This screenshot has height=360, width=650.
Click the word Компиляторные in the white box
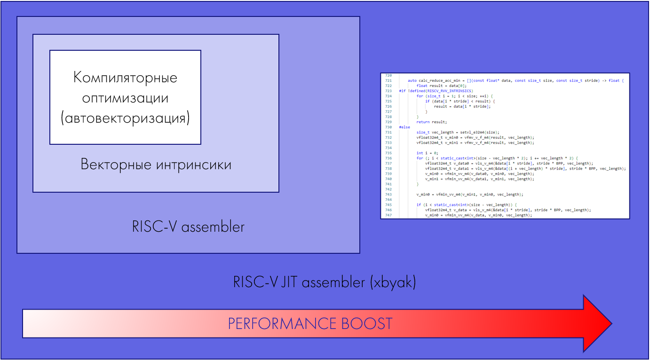coord(125,77)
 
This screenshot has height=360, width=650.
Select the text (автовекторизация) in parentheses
coord(125,118)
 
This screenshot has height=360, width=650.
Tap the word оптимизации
coord(125,98)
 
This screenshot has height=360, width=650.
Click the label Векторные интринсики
coord(156,164)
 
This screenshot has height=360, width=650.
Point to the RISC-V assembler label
coord(188,227)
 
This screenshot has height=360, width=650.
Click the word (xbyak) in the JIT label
coord(393,282)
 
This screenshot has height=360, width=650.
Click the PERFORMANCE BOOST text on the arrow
coord(310,324)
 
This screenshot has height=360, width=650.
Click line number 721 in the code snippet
coord(388,81)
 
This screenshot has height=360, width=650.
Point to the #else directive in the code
coord(404,127)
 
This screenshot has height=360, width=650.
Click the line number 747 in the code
coord(388,215)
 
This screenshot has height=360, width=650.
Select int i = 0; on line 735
coord(427,153)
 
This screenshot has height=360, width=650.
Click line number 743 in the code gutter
coord(388,194)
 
